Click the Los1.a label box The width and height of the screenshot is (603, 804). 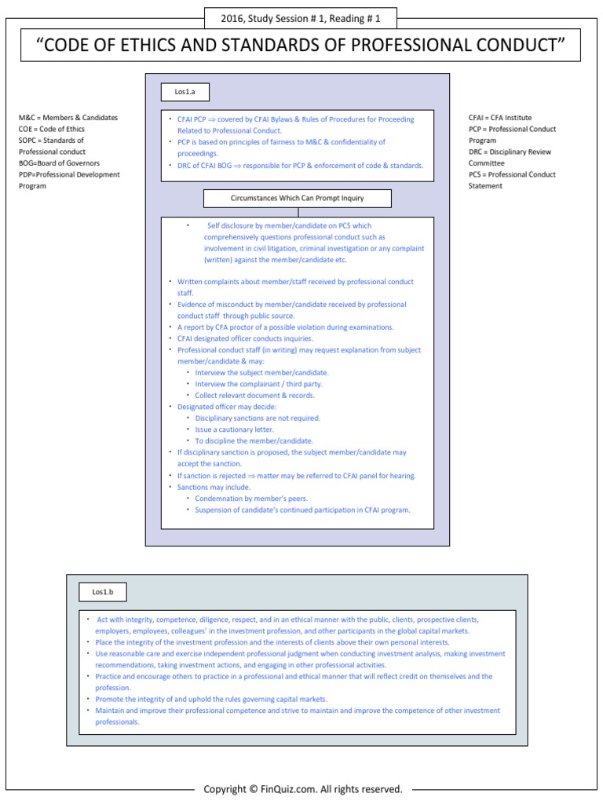tap(185, 93)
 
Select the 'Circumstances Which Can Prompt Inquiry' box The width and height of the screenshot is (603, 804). tap(297, 198)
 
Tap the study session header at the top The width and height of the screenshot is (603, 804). tap(301, 18)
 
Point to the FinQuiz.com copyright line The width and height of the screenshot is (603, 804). tap(302, 788)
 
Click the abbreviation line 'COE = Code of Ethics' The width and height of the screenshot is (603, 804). tap(52, 129)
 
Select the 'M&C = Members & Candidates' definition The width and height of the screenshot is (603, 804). tap(68, 118)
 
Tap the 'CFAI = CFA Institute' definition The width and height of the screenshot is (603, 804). tap(500, 118)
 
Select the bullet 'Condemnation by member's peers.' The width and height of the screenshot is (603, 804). tap(251, 499)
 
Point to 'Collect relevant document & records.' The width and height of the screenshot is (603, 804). tap(254, 395)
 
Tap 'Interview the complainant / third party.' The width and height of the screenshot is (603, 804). tap(258, 384)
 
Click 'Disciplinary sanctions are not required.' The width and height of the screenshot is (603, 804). tap(258, 418)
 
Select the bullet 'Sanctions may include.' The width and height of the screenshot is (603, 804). tap(214, 487)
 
